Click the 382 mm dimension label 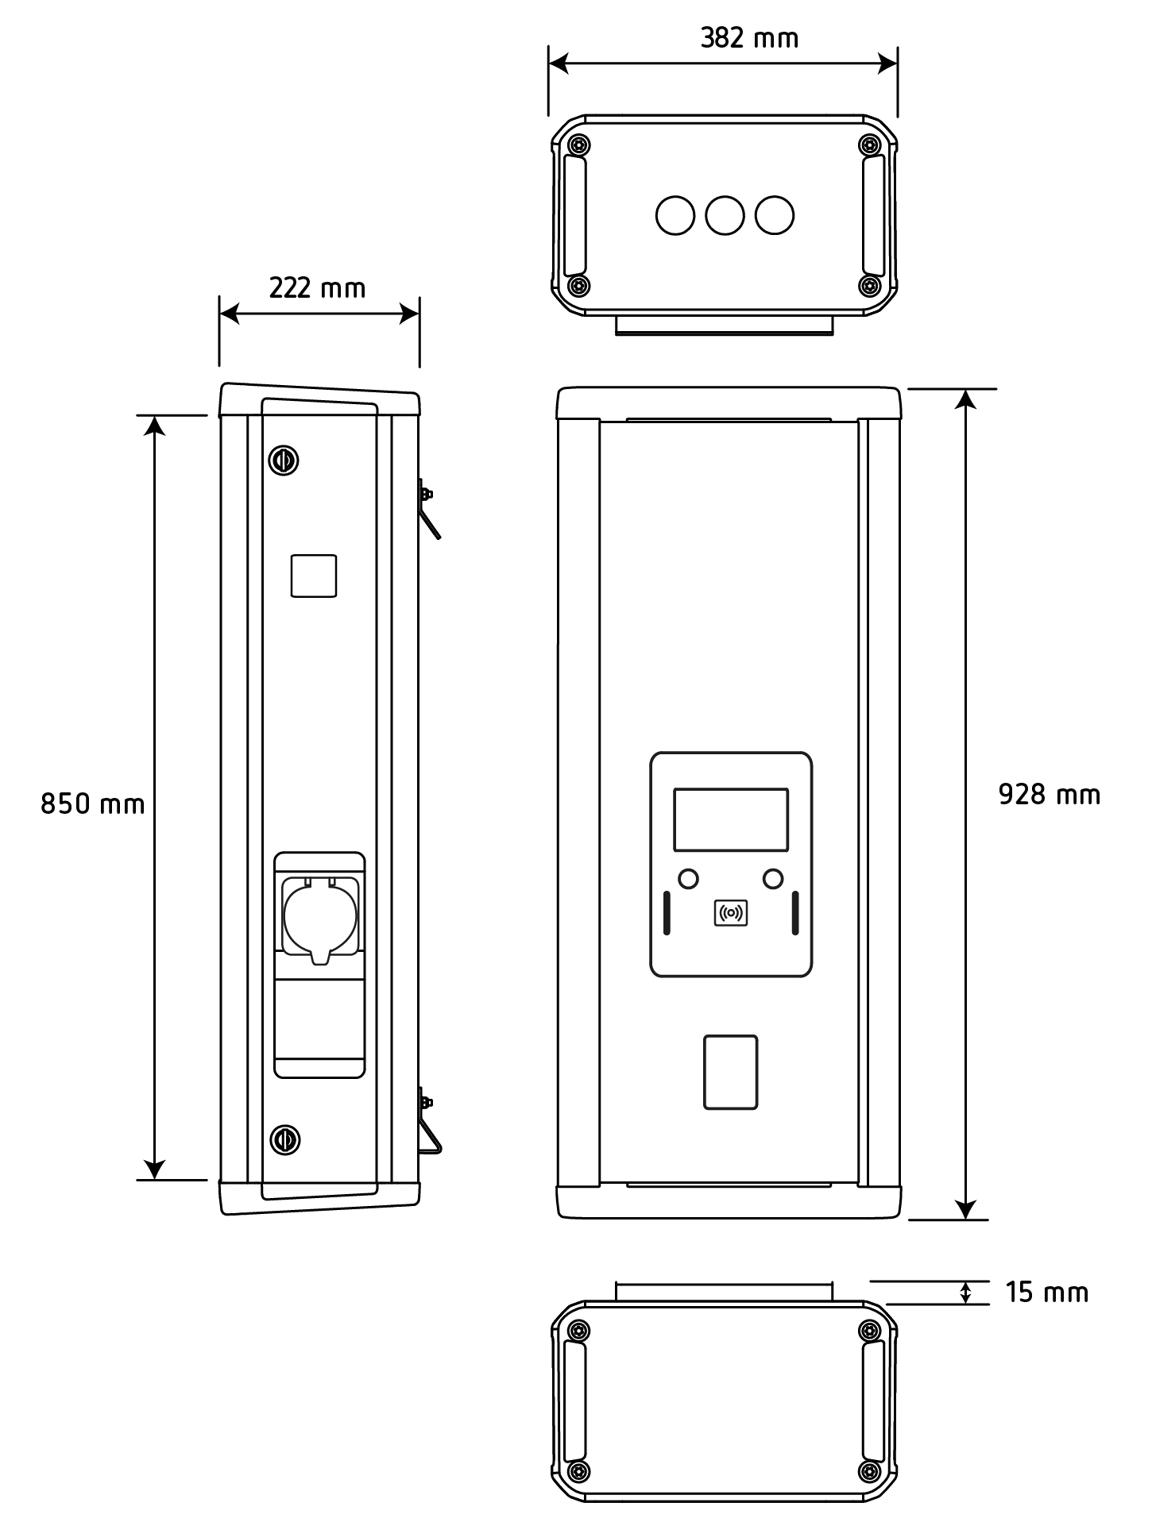[748, 38]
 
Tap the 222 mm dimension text [317, 288]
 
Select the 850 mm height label [93, 804]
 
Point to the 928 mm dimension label [1049, 795]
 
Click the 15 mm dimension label [1046, 1293]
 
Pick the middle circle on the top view [725, 215]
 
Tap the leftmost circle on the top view [675, 215]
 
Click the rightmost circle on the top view [775, 215]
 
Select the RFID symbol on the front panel [731, 913]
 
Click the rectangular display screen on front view [731, 819]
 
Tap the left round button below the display [688, 879]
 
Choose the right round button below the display [773, 879]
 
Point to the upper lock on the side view [284, 460]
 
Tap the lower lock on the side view [284, 1139]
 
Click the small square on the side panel [314, 576]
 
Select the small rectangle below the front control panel [731, 1072]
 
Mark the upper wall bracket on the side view [429, 508]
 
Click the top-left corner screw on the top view [582, 145]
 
